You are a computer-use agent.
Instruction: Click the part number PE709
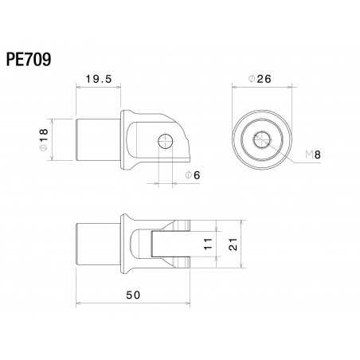pyautogui.click(x=29, y=60)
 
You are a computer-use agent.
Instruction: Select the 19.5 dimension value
pyautogui.click(x=99, y=80)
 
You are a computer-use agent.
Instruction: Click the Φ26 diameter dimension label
pyautogui.click(x=260, y=80)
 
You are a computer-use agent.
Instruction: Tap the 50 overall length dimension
pyautogui.click(x=133, y=294)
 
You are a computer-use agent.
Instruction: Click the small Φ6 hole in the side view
pyautogui.click(x=166, y=142)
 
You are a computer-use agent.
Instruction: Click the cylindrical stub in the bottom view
pyautogui.click(x=96, y=245)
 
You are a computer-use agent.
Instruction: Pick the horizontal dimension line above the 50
pyautogui.click(x=133, y=303)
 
